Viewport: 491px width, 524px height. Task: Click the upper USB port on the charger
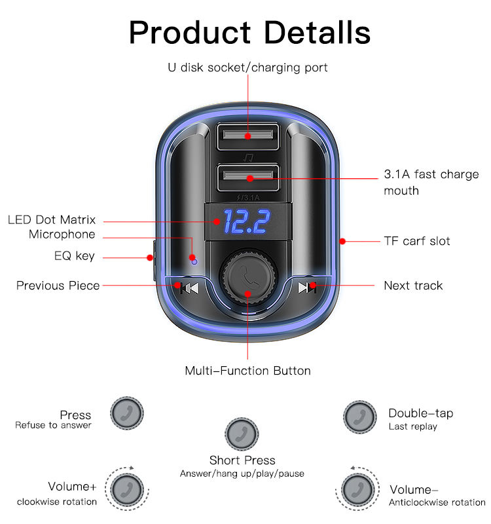point(247,136)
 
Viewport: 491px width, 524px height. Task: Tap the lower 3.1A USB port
point(248,178)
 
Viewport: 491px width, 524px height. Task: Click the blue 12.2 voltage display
point(247,221)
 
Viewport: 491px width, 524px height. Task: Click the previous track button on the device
point(189,288)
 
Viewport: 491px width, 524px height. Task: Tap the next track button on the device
point(306,288)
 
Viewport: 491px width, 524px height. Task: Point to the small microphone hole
point(194,261)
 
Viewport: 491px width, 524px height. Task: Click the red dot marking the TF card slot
point(342,241)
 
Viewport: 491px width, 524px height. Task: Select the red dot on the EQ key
point(150,257)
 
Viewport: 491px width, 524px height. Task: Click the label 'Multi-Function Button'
point(247,371)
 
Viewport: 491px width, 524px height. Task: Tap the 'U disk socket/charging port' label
point(247,67)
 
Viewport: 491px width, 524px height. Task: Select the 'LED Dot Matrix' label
point(52,219)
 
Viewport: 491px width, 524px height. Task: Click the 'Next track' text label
point(413,286)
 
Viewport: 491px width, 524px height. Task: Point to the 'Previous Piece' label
point(58,286)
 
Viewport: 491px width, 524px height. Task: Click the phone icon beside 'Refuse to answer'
point(127,413)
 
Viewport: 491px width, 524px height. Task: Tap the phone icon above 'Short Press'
point(242,434)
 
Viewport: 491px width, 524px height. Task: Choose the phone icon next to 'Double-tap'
point(359,417)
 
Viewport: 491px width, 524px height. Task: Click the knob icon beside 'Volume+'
point(127,489)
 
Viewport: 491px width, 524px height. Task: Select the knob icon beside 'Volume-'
point(357,489)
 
